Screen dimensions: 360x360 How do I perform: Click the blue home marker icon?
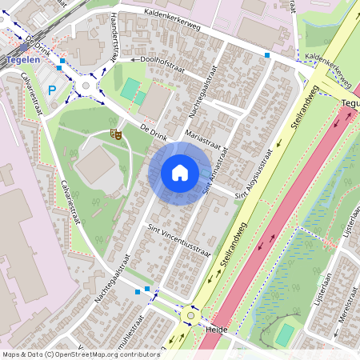pyautogui.click(x=180, y=172)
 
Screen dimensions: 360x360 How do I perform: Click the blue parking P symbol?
pyautogui.click(x=53, y=91)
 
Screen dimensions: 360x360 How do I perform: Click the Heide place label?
pyautogui.click(x=218, y=329)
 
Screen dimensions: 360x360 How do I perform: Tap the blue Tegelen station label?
pyautogui.click(x=19, y=60)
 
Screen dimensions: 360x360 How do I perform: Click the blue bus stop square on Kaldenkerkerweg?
pyautogui.click(x=267, y=55)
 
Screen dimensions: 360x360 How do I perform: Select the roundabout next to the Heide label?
pyautogui.click(x=190, y=315)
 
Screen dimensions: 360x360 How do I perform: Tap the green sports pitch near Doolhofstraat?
pyautogui.click(x=130, y=88)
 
